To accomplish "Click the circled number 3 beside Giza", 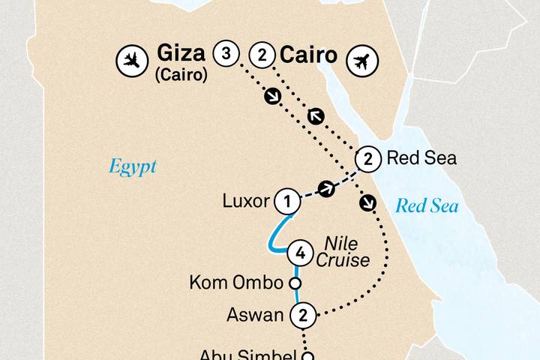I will [x=227, y=55].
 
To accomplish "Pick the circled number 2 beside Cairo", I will [x=262, y=55].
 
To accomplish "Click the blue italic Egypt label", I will [x=133, y=166].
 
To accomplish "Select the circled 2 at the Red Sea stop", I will [x=367, y=158].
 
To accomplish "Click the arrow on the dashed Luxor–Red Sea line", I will [x=326, y=189].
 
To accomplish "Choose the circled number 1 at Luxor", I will [x=286, y=200].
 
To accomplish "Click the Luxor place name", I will [x=247, y=201].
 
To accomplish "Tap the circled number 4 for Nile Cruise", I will [x=300, y=253].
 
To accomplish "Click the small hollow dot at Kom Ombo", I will [x=295, y=283].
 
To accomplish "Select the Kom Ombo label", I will [x=238, y=283].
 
